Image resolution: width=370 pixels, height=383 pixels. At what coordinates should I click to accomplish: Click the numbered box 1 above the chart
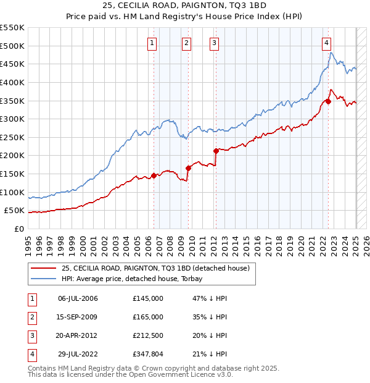point(152,43)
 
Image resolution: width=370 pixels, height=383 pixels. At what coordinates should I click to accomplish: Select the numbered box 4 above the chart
point(326,43)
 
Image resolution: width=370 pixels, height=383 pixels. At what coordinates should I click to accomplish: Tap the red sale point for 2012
point(216,151)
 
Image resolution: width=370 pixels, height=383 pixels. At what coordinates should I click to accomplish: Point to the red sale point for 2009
point(188,168)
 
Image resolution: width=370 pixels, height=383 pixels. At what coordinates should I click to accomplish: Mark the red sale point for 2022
point(328,101)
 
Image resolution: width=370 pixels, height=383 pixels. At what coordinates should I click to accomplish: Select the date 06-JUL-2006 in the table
point(78,298)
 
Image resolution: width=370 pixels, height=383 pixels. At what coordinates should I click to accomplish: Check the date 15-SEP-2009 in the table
point(78,317)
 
